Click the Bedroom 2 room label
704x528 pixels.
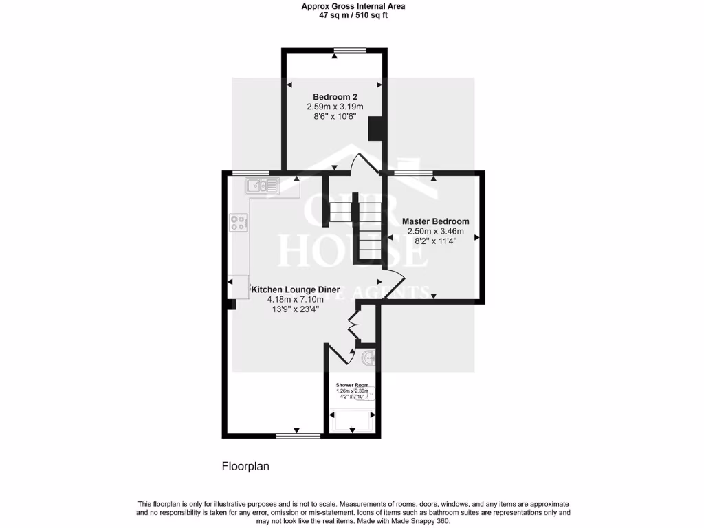[x=335, y=96]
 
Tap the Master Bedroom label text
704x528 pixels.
[x=436, y=221]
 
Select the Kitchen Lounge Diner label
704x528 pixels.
[x=295, y=289]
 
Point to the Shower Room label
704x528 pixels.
[x=352, y=385]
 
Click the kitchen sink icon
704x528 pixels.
[x=261, y=184]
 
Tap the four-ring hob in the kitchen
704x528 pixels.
[x=239, y=222]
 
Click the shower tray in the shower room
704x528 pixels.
[x=352, y=421]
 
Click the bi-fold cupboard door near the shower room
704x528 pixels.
[x=354, y=325]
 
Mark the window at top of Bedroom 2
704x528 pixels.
[x=351, y=49]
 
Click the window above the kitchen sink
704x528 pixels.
[x=250, y=172]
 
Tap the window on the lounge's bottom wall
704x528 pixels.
[x=298, y=435]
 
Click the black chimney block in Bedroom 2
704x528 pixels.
[x=375, y=129]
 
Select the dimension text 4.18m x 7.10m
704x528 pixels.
[x=295, y=300]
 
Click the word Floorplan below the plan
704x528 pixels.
[x=245, y=466]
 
